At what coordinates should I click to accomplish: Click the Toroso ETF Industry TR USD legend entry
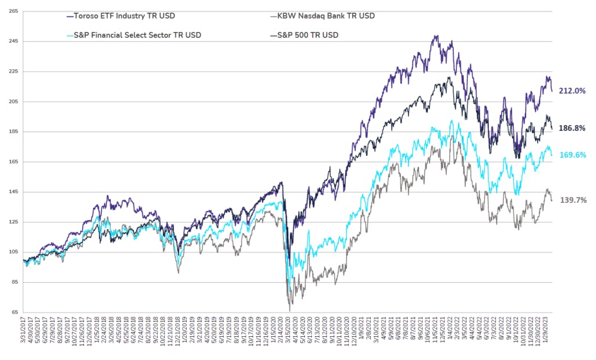tap(122, 16)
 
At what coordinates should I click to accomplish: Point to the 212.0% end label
tap(572, 91)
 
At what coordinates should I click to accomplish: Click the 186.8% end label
tap(572, 128)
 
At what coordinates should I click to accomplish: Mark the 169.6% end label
tap(572, 155)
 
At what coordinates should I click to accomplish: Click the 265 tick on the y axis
tap(13, 11)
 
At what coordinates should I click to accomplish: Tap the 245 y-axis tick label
tap(13, 41)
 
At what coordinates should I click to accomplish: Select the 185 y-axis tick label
tap(13, 131)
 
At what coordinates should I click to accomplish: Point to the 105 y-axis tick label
tap(13, 252)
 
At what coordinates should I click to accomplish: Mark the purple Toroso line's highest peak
tap(436, 36)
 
